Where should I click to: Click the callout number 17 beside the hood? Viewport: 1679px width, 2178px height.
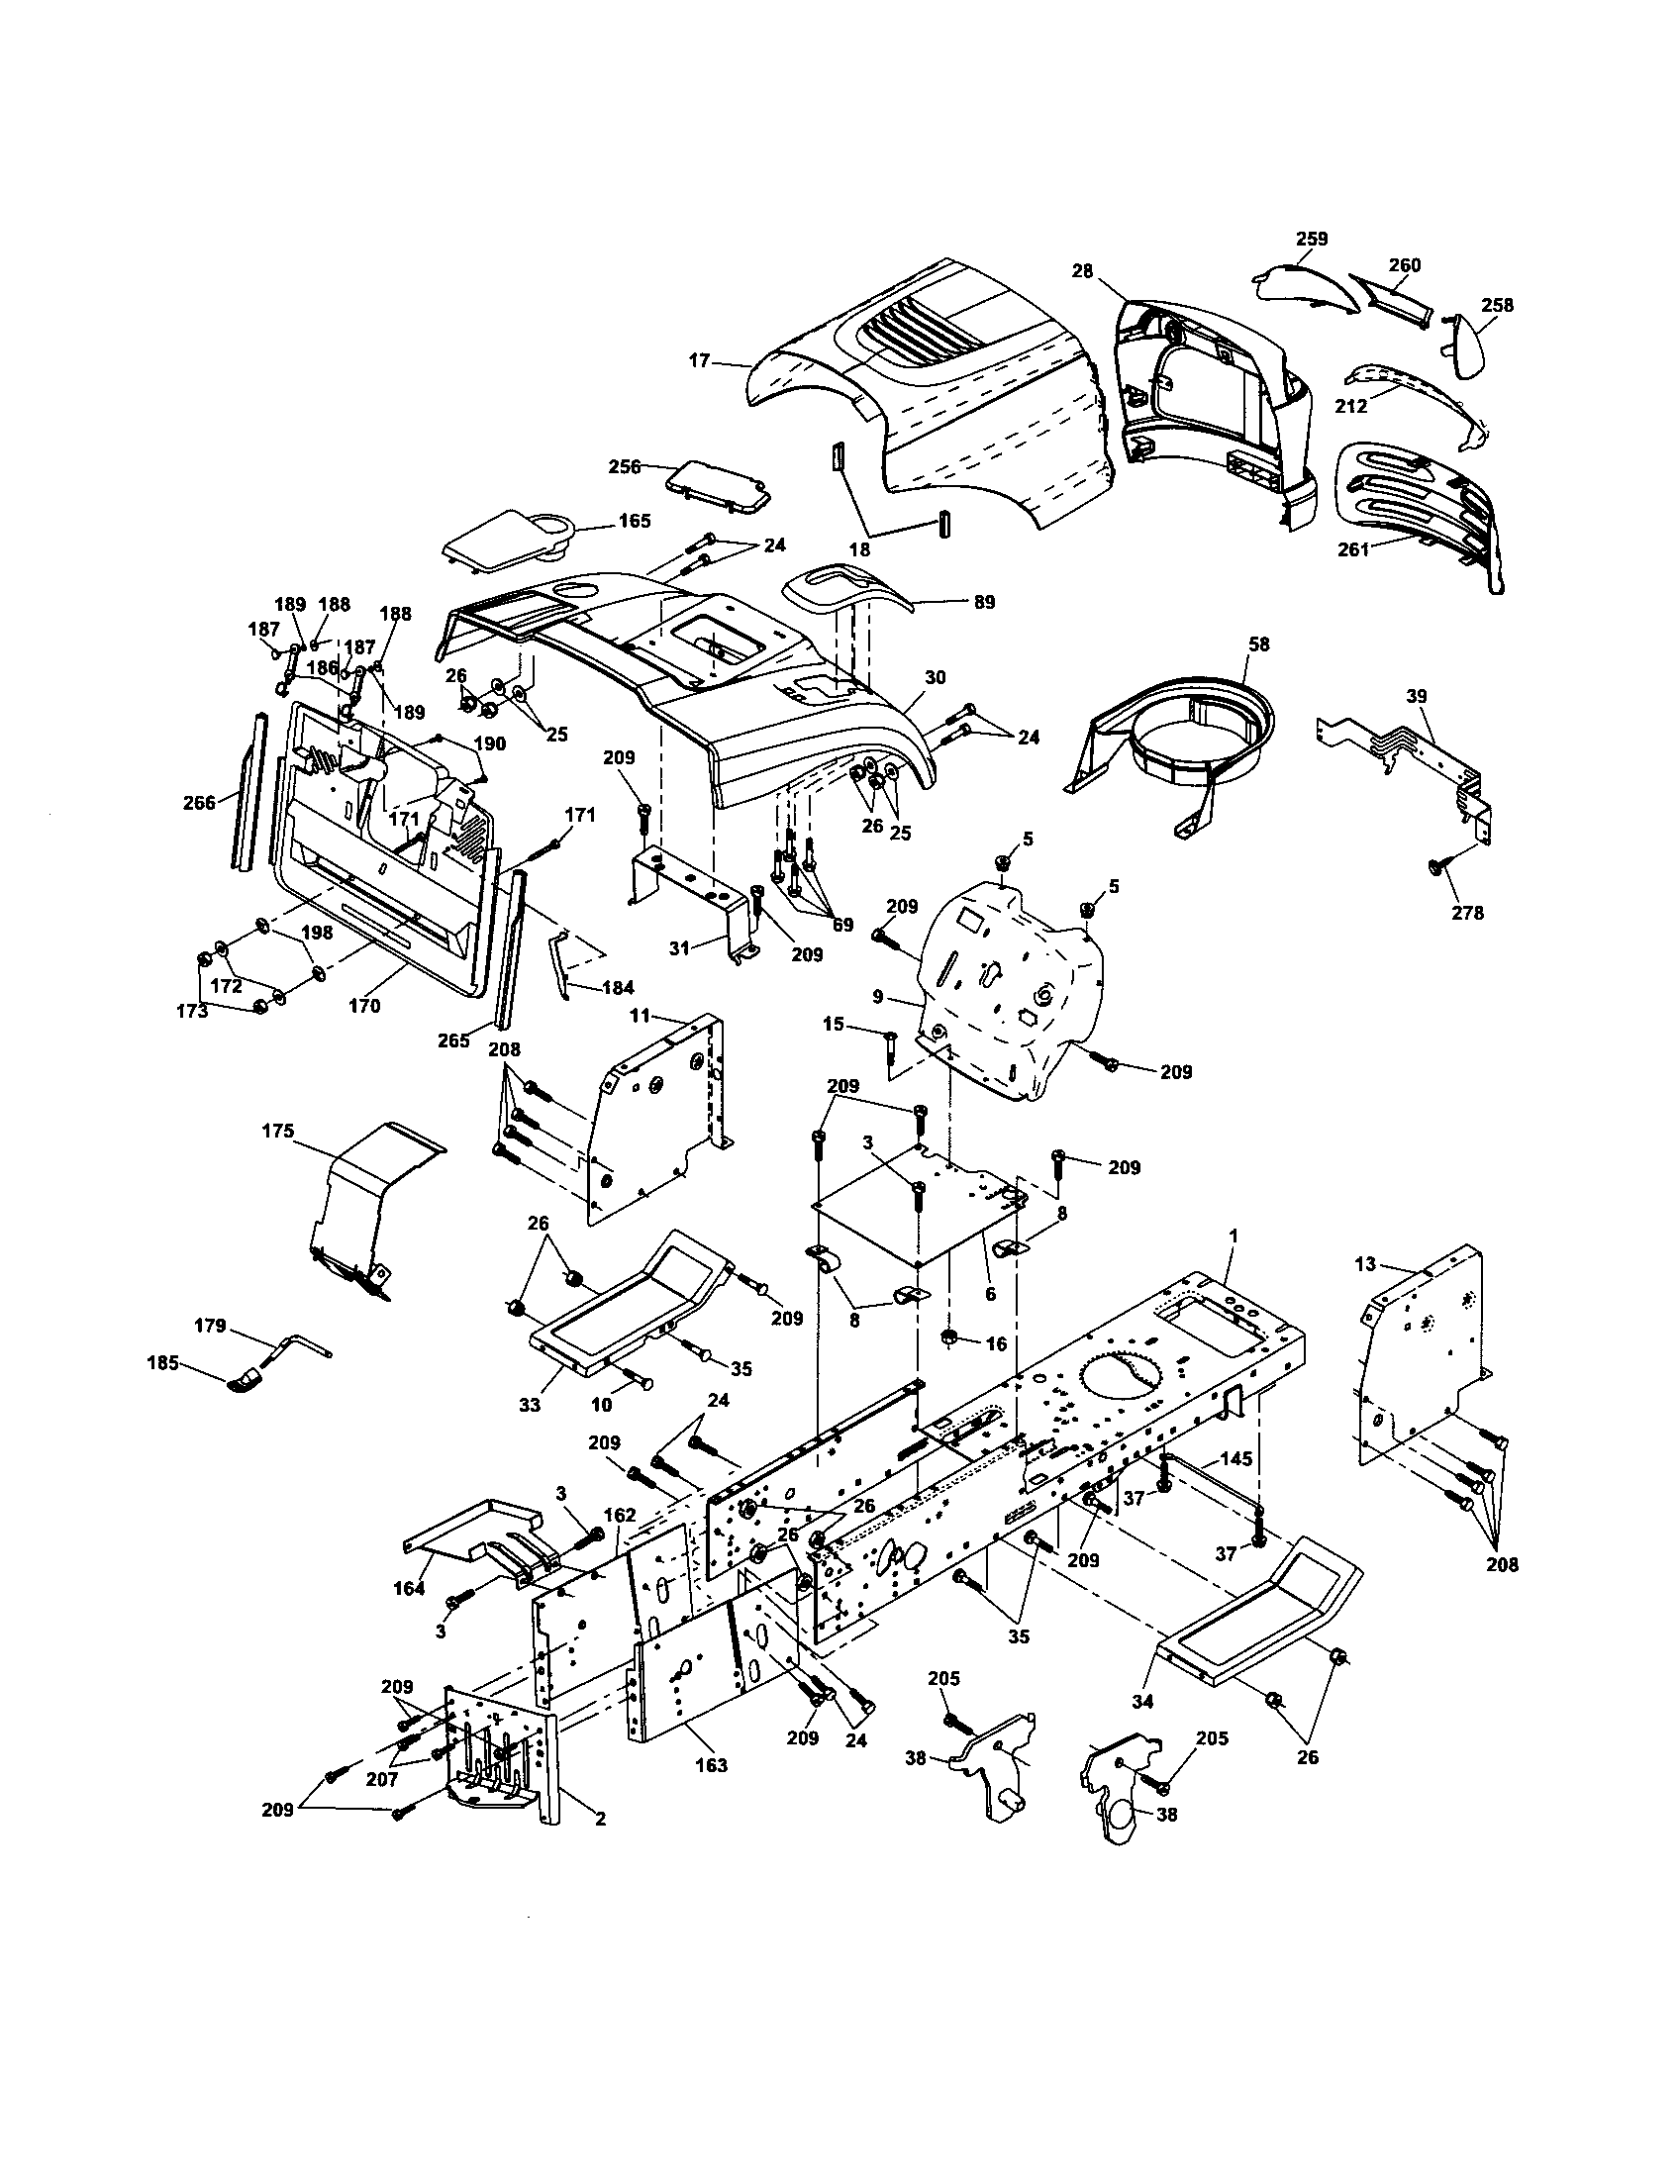699,360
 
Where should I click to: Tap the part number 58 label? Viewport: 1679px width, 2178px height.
1259,644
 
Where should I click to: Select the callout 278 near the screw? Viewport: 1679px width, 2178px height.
1467,912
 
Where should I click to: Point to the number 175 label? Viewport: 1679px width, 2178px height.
278,1131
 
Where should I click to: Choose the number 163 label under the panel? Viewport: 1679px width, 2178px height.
711,1765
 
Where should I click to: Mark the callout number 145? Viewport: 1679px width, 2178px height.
1236,1459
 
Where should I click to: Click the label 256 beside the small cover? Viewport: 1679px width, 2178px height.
626,465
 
